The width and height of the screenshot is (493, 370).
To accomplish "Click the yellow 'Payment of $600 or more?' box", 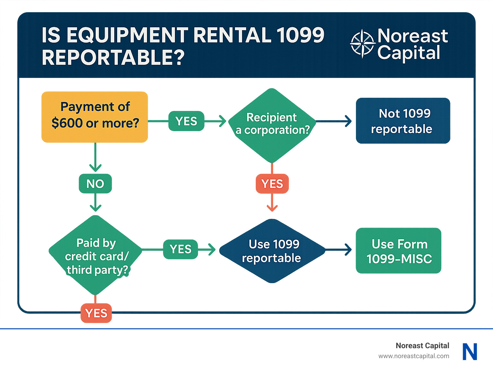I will pyautogui.click(x=95, y=117).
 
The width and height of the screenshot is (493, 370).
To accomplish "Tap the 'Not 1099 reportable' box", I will pyautogui.click(x=403, y=121).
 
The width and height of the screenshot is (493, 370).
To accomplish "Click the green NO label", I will pyautogui.click(x=95, y=184).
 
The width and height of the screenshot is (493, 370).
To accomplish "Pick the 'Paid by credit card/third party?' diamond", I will pyautogui.click(x=96, y=256).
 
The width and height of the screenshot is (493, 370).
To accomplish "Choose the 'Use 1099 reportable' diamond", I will pyautogui.click(x=272, y=251).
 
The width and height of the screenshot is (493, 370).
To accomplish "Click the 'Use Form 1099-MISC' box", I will pyautogui.click(x=398, y=251).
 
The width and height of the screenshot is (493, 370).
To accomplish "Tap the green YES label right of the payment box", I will pyautogui.click(x=186, y=121).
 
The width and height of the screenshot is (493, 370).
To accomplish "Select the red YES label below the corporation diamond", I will pyautogui.click(x=272, y=184).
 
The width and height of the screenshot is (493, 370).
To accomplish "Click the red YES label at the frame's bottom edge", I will pyautogui.click(x=96, y=313).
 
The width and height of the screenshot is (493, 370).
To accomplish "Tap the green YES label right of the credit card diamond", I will pyautogui.click(x=180, y=249).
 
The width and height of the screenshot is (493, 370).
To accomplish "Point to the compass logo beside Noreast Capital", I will pyautogui.click(x=362, y=44).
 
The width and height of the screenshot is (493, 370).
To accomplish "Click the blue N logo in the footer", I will pyautogui.click(x=470, y=351).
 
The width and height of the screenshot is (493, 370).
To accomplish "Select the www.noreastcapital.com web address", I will pyautogui.click(x=414, y=356).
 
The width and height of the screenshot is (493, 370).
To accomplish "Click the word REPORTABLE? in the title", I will pyautogui.click(x=113, y=58).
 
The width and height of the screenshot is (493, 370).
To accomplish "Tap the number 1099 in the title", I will pyautogui.click(x=300, y=35).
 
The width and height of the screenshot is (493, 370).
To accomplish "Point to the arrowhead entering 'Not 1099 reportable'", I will pyautogui.click(x=348, y=121).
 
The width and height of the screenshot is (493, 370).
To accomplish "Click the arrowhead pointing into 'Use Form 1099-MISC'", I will pyautogui.click(x=348, y=249).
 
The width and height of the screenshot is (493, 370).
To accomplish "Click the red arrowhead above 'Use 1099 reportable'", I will pyautogui.click(x=272, y=208).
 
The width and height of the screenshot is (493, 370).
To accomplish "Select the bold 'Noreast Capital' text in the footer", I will pyautogui.click(x=422, y=346).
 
